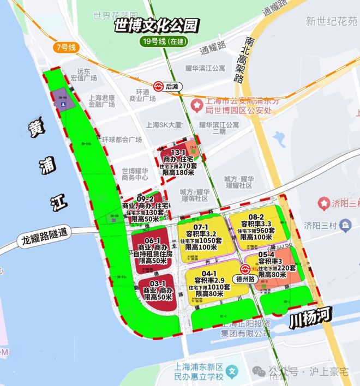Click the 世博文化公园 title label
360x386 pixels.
point(155,26)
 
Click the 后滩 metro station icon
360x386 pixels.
point(158,86)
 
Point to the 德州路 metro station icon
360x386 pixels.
point(246,269)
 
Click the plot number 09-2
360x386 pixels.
point(145,199)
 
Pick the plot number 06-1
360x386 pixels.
point(152,240)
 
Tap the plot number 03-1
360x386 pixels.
point(158,284)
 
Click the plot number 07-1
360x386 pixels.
point(201,227)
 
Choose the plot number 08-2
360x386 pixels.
point(257,216)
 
